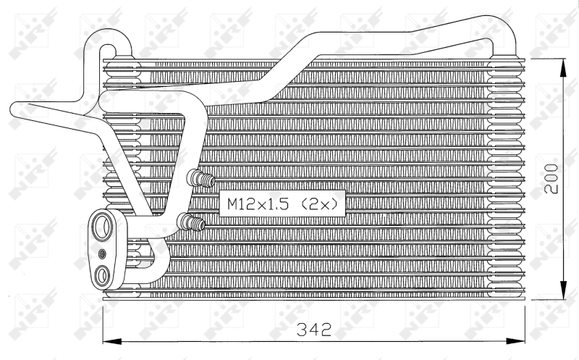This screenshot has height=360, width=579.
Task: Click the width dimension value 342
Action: coord(313,330)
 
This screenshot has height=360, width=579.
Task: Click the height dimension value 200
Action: coord(552,177)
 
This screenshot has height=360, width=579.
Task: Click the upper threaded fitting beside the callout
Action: coord(200,178)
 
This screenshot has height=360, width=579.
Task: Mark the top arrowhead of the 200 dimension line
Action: coord(563,63)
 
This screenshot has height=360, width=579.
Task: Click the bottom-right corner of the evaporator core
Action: coord(523,298)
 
